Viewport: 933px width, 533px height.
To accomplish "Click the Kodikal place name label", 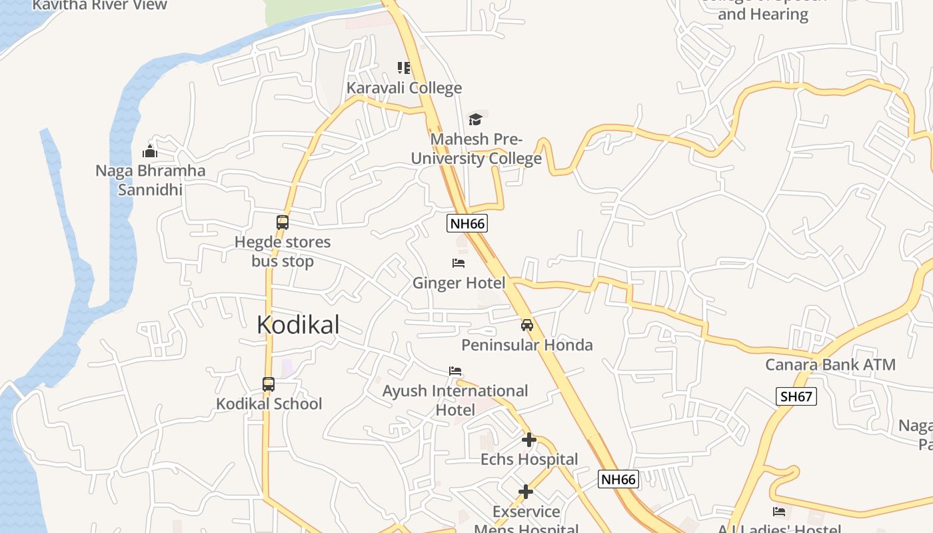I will (298, 325).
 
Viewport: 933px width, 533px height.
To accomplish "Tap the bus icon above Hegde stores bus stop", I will (283, 223).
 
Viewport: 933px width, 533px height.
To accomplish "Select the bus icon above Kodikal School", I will (269, 384).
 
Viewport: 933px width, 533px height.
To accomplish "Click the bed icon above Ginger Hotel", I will (459, 263).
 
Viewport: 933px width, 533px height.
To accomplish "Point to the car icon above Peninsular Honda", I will (527, 325).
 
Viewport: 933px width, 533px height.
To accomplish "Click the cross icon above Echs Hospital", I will (529, 440).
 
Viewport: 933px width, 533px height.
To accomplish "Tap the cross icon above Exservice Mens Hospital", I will (526, 492).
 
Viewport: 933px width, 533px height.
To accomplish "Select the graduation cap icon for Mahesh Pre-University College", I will (475, 119).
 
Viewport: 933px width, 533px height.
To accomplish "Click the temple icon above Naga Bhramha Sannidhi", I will (150, 151).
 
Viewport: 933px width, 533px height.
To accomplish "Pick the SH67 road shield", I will (796, 397).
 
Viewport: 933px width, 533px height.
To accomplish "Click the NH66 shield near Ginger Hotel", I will (467, 224).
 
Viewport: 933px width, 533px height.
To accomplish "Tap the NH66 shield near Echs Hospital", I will (618, 479).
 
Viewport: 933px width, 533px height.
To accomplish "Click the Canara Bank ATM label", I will (830, 365).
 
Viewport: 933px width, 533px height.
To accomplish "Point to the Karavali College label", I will (404, 88).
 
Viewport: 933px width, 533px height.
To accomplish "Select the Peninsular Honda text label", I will (527, 345).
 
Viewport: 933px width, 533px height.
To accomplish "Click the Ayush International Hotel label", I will (455, 400).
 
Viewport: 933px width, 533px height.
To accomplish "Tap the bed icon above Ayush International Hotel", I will (456, 370).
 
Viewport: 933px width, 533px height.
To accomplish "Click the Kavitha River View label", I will (100, 5).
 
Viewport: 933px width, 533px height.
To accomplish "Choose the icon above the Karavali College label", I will (404, 68).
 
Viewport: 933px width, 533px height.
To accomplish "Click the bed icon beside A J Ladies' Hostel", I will (779, 512).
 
